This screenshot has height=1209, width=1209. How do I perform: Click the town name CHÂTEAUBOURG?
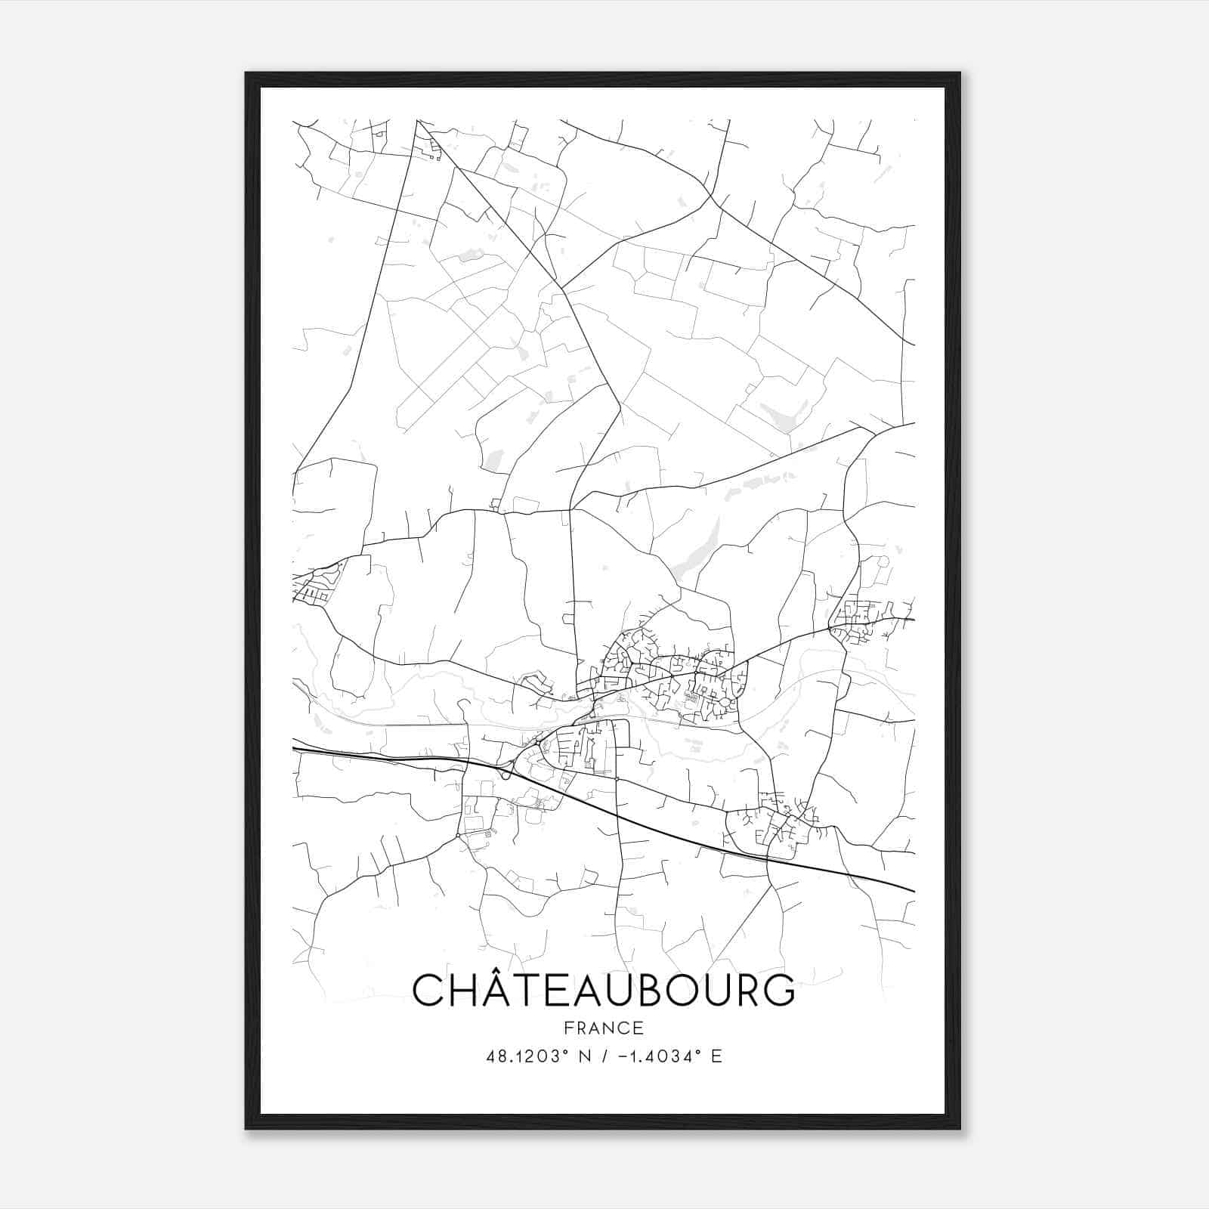pos(604,990)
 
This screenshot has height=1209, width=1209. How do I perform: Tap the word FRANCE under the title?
pos(604,1028)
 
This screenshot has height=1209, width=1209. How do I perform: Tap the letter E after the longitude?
pos(716,1056)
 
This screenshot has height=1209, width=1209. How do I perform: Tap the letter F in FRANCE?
pos(567,1028)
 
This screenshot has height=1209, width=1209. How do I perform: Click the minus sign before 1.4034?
pos(621,1056)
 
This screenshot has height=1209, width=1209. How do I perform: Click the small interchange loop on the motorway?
pos(505,772)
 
